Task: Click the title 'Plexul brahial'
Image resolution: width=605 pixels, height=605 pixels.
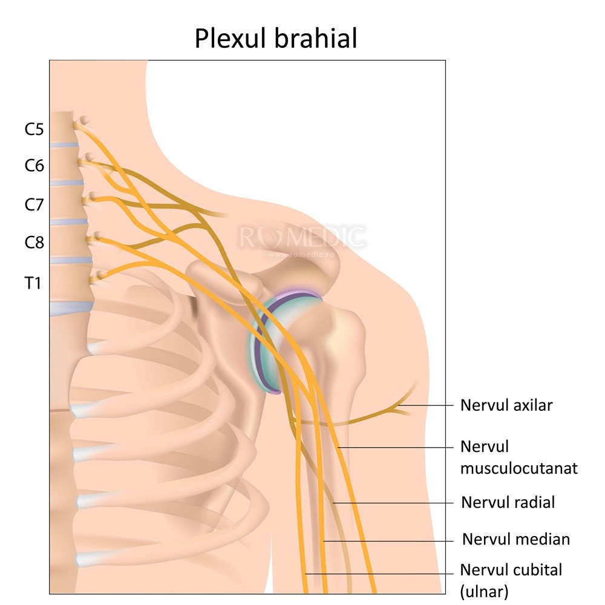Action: tap(276, 38)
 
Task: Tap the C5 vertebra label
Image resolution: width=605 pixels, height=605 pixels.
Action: tap(34, 129)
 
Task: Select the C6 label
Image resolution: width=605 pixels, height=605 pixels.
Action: tap(34, 165)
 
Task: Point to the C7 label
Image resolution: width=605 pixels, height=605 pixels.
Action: tap(34, 204)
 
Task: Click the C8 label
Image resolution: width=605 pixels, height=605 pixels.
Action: tap(34, 243)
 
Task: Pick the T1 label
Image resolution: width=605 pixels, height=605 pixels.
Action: tap(33, 282)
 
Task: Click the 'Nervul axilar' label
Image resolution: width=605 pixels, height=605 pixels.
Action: tap(506, 405)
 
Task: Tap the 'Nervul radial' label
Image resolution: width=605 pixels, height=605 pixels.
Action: tap(508, 502)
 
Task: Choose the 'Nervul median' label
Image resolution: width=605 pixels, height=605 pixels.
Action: tap(515, 539)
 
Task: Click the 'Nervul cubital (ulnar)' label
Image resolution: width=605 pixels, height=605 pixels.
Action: tap(511, 580)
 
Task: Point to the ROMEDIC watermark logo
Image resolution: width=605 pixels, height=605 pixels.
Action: tap(302, 238)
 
